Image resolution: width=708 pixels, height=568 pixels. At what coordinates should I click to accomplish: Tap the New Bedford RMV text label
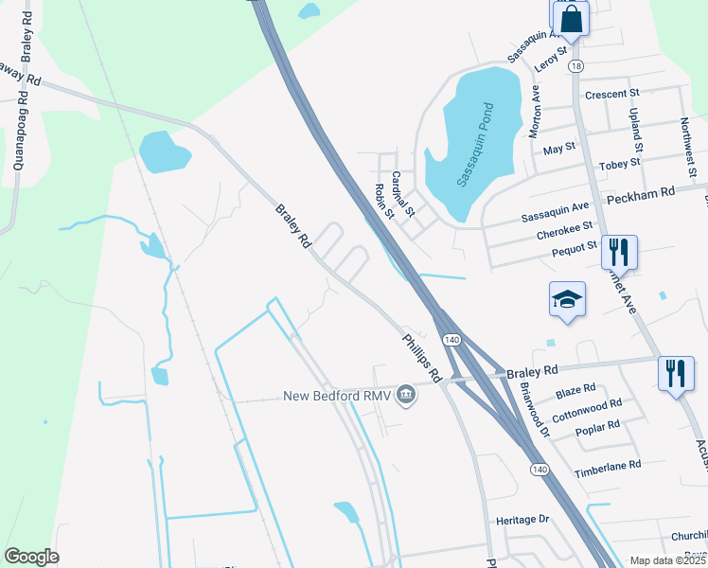[338, 395]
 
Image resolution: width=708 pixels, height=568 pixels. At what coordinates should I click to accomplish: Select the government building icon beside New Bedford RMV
[406, 394]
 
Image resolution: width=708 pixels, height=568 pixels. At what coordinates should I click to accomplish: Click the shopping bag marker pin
[571, 18]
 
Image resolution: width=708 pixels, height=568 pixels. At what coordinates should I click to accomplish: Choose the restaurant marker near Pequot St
[619, 252]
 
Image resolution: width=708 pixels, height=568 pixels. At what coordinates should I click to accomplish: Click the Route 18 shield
[576, 65]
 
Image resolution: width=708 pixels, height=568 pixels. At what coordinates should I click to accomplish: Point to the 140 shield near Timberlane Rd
[538, 470]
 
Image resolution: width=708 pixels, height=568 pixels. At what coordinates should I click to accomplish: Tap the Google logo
[31, 557]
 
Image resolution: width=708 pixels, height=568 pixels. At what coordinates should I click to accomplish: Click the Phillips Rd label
[421, 357]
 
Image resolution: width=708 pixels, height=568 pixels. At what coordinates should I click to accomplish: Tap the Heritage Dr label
[522, 520]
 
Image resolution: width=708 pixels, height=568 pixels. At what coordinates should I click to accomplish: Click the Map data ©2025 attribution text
[666, 560]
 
